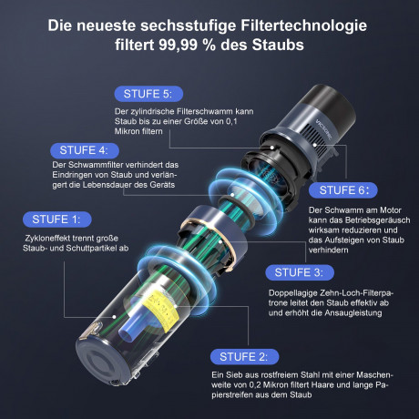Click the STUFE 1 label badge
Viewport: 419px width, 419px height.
[x=55, y=219]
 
